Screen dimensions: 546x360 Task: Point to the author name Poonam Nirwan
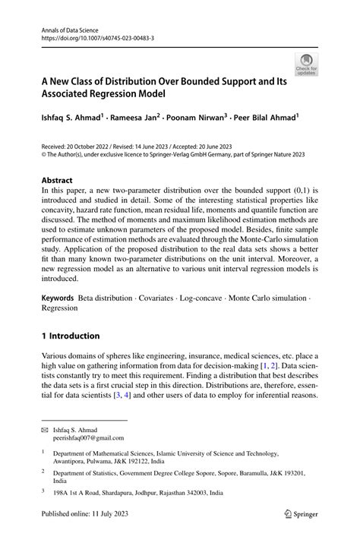coord(197,118)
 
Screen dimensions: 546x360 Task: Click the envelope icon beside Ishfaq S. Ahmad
coord(45,430)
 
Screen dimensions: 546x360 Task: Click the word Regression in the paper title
coord(102,94)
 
